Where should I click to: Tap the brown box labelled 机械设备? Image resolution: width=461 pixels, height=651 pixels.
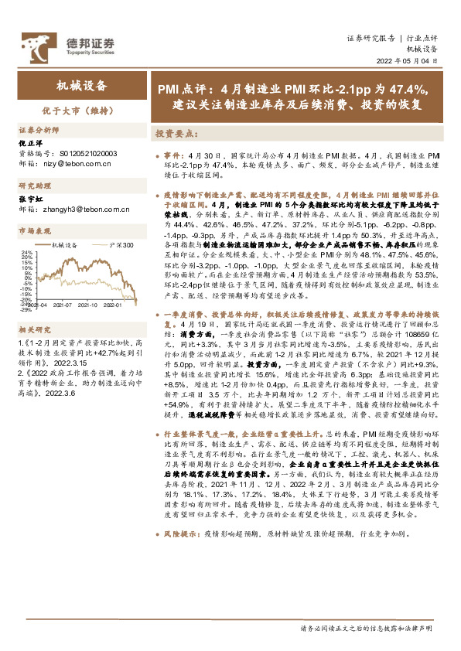pos(82,87)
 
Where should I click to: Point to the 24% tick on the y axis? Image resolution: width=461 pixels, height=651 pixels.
pos(26,252)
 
